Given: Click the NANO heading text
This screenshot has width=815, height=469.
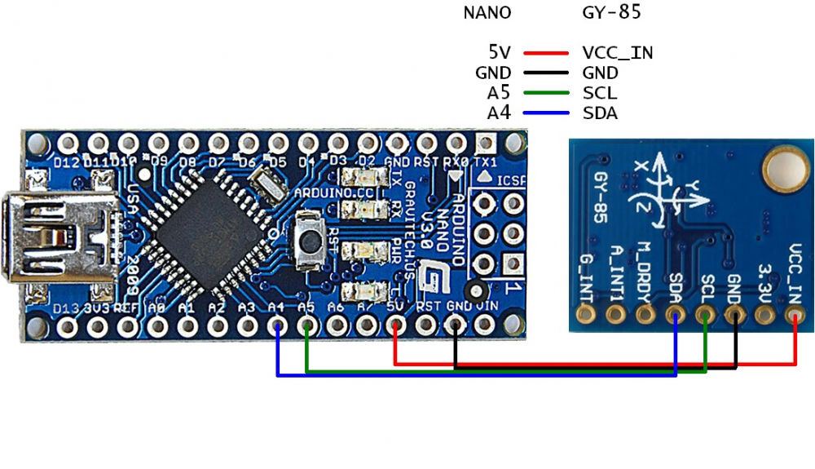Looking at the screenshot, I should [x=487, y=12].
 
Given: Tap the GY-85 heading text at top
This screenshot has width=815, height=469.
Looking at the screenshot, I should [x=611, y=12].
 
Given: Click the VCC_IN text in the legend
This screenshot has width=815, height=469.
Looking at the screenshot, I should [x=618, y=53].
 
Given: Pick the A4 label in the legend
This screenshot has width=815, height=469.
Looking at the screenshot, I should [x=498, y=113].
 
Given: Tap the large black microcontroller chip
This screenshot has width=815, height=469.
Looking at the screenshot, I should [x=207, y=237].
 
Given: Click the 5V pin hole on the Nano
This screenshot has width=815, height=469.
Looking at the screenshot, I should [x=395, y=326].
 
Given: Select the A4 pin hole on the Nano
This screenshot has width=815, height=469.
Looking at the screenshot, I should [x=277, y=326].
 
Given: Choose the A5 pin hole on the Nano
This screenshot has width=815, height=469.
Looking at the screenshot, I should [x=306, y=326].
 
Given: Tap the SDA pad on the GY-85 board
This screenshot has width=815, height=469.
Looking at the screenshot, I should [x=675, y=314].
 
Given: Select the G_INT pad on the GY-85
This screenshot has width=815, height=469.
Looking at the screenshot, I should [x=584, y=314].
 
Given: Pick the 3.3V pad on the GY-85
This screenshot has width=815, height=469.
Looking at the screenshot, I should [x=764, y=314].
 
